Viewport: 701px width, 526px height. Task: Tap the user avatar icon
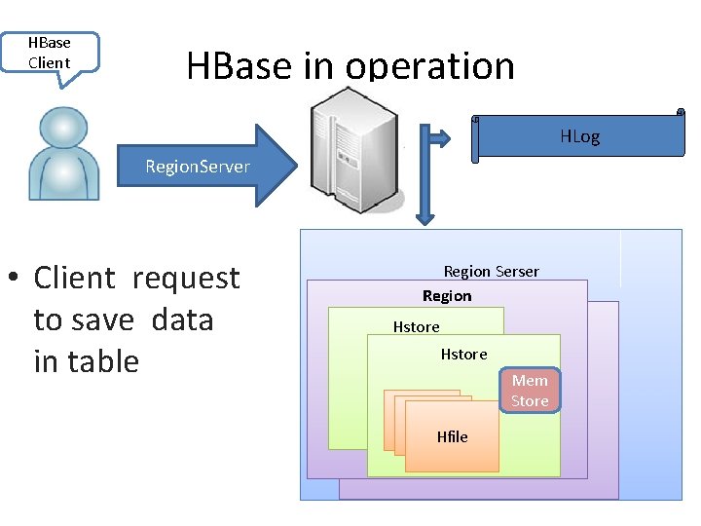63,153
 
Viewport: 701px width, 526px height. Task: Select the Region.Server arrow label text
197,167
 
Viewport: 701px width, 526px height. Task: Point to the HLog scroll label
579,136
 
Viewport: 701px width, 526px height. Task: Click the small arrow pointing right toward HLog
440,138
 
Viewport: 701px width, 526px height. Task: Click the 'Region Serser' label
491,271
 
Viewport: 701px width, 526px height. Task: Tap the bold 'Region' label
447,295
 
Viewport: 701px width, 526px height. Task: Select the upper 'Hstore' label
416,326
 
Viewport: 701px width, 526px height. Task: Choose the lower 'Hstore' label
463,354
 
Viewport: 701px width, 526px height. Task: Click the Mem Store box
530,391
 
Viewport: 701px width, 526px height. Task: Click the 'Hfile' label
452,436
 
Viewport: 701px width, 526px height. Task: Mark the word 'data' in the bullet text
183,319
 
